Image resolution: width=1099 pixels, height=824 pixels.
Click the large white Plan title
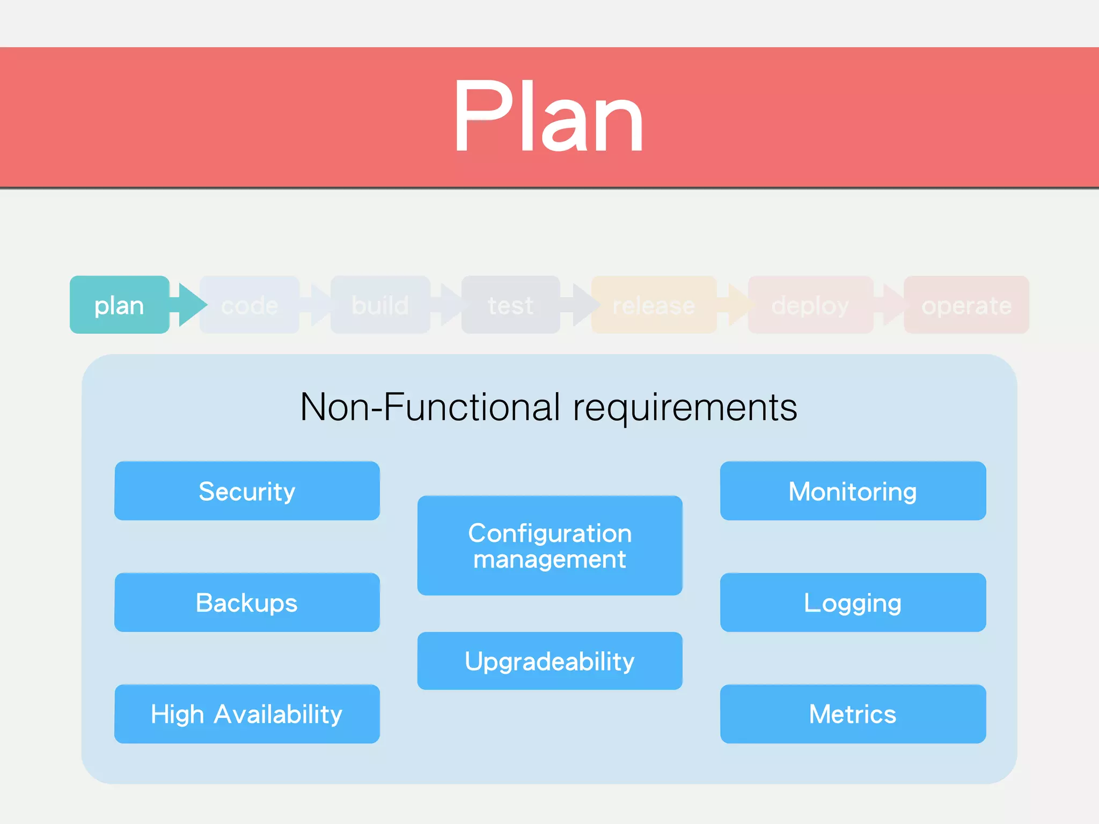(x=548, y=116)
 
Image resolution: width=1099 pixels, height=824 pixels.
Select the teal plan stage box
(x=119, y=305)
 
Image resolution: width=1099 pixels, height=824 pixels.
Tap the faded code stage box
(x=250, y=305)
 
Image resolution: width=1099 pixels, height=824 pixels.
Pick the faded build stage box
(x=380, y=305)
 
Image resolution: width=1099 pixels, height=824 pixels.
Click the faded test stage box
(x=510, y=305)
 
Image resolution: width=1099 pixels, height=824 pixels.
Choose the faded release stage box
(x=654, y=305)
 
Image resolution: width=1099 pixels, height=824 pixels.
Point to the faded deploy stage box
(x=810, y=305)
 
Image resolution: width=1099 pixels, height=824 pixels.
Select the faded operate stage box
(x=966, y=305)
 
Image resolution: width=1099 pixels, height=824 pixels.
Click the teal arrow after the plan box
(x=190, y=305)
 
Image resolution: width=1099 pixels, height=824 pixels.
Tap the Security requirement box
(x=247, y=491)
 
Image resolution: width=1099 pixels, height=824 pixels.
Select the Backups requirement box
(x=247, y=602)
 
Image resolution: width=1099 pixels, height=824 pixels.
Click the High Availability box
(x=247, y=714)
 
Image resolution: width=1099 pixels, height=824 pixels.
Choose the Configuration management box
(x=549, y=546)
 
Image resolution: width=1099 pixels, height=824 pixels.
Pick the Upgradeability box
(x=549, y=661)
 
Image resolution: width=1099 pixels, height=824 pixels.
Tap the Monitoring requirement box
(x=853, y=491)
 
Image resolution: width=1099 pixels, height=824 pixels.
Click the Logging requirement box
(x=853, y=602)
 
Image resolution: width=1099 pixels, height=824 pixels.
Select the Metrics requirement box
(x=853, y=714)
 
